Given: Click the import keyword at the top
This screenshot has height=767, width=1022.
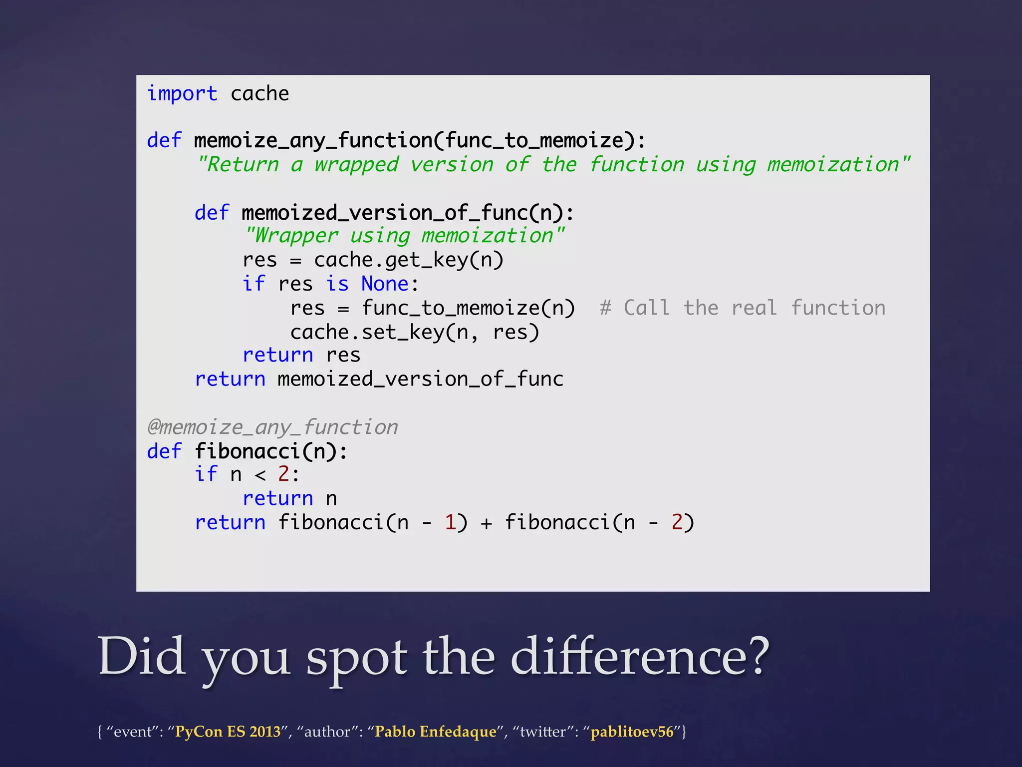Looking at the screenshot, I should pos(182,94).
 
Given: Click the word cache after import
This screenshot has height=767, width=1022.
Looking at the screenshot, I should pos(259,94).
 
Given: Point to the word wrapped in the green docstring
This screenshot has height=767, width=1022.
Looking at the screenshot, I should pos(356,165).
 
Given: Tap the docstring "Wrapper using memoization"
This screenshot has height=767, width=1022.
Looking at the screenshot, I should pos(404,236).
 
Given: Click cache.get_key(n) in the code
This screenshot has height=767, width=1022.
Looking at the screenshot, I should pos(408,260).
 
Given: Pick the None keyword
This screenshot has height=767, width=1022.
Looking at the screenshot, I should pos(385,284).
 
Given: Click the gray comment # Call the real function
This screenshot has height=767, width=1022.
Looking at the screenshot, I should pos(743,308).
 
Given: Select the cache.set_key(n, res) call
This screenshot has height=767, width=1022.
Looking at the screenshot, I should pos(415,333).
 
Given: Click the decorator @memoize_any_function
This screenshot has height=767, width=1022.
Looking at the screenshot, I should pos(272,427).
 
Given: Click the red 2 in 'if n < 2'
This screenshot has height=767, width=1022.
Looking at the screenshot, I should pos(283,474).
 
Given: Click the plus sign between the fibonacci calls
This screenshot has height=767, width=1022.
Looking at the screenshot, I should pos(486,523).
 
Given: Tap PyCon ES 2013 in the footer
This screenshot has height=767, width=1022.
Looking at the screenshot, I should pos(228,732).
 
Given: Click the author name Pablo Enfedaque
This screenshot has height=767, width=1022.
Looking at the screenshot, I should pos(435,732).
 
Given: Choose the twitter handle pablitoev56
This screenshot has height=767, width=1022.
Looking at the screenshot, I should pos(632,732).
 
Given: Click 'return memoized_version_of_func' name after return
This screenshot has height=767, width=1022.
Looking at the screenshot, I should pos(420,380).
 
